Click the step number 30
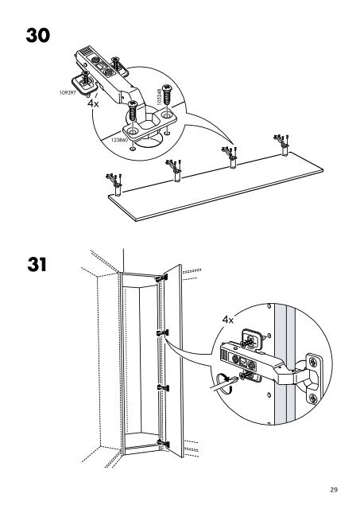38,35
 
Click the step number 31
37,265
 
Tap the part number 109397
68,92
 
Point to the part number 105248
159,97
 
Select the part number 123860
119,140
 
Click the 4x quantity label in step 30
93,103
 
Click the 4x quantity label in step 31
227,320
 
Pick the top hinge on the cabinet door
161,278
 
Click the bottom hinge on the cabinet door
163,443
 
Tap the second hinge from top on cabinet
162,333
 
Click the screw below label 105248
167,94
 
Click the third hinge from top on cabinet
163,388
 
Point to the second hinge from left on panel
174,168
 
